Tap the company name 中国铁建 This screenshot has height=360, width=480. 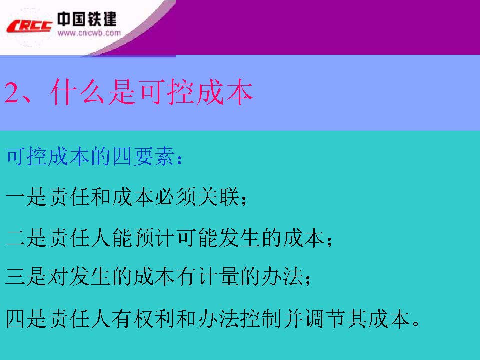[87, 19]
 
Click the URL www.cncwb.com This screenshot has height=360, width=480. [89, 33]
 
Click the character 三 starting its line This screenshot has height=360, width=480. [14, 276]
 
